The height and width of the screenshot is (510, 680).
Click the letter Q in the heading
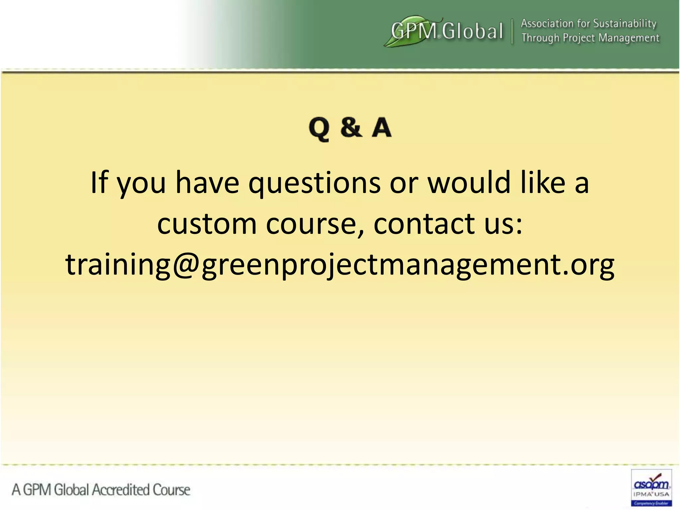[x=319, y=128]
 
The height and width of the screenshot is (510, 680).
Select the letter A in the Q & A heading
[x=382, y=127]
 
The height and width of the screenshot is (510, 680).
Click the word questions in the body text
[x=314, y=184]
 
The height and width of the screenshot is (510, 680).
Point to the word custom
[x=207, y=224]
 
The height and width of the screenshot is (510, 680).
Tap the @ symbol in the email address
[x=186, y=265]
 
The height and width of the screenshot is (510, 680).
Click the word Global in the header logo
[x=472, y=32]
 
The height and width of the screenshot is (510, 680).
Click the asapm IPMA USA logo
[x=651, y=487]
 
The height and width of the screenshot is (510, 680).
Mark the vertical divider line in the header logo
[x=512, y=32]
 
